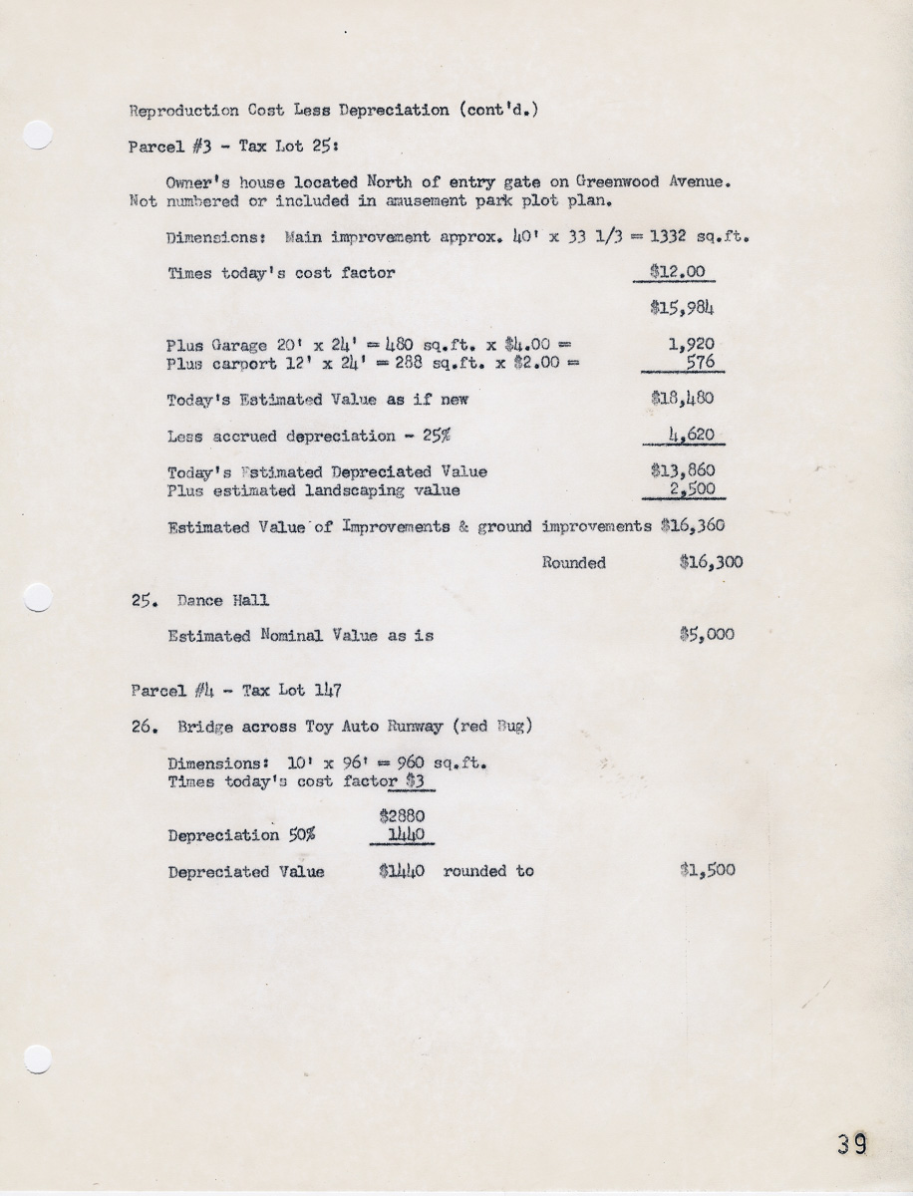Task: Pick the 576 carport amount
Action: click(699, 363)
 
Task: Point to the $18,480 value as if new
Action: click(682, 400)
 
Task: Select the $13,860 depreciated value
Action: click(682, 470)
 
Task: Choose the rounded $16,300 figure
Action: click(711, 562)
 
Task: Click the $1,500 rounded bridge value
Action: click(707, 870)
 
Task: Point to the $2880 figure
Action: click(401, 815)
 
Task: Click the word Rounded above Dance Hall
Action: click(573, 563)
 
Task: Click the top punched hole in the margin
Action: click(36, 135)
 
